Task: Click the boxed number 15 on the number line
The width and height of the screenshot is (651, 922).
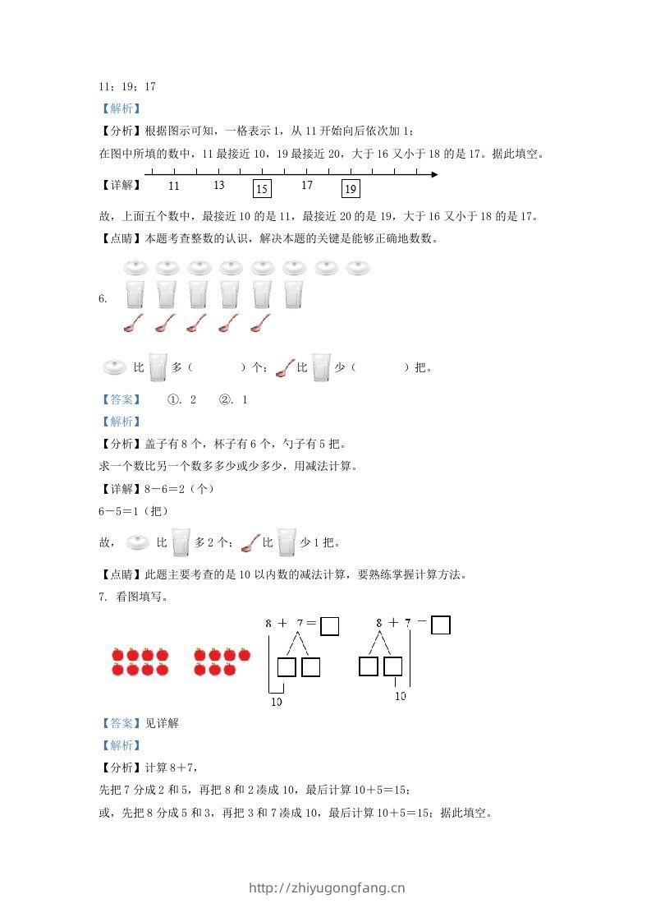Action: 262,189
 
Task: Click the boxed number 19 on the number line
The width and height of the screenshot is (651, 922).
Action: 351,189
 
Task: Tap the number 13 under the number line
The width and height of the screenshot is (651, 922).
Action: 218,186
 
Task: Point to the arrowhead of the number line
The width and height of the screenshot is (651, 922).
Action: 433,174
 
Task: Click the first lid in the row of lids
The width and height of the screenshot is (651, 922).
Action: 135,268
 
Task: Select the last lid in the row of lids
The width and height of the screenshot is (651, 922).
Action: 358,268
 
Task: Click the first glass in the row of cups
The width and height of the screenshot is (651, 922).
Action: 135,295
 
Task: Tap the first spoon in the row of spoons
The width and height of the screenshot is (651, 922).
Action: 134,323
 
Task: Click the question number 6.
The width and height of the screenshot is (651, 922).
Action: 102,299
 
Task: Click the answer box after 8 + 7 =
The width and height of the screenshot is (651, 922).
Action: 329,627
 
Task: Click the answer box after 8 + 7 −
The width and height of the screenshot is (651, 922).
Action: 441,625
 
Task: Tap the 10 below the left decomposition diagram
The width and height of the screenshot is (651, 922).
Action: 277,702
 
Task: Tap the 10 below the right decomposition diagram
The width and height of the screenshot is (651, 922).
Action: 401,696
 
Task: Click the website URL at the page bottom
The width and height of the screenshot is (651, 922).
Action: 327,888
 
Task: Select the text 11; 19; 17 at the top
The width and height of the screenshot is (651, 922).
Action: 127,86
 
